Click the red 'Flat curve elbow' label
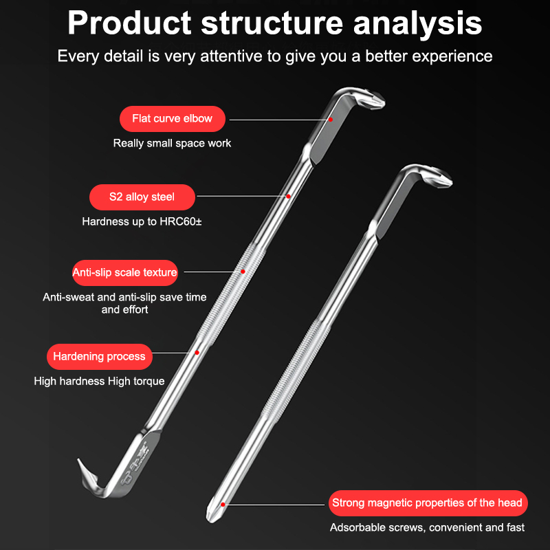click(173, 119)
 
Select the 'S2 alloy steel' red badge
click(142, 197)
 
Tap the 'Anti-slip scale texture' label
click(125, 273)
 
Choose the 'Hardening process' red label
click(99, 357)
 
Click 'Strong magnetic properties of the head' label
click(428, 503)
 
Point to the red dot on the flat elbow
click(331, 120)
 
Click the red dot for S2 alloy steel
click(288, 197)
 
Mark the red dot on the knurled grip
click(243, 272)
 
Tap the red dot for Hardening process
click(197, 353)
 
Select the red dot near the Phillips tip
click(223, 505)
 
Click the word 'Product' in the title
click(129, 23)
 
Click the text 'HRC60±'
click(181, 221)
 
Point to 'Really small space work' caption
click(172, 143)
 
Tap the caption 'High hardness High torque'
click(99, 382)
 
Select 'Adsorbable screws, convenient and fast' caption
click(427, 527)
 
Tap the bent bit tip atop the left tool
click(373, 100)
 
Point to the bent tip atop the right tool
click(439, 178)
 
